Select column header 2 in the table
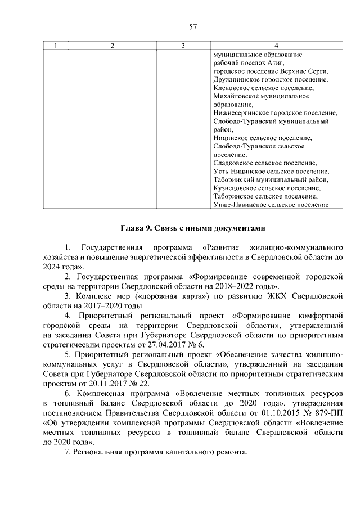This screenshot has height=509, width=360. click(112, 46)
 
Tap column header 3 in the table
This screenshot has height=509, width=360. click(183, 46)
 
